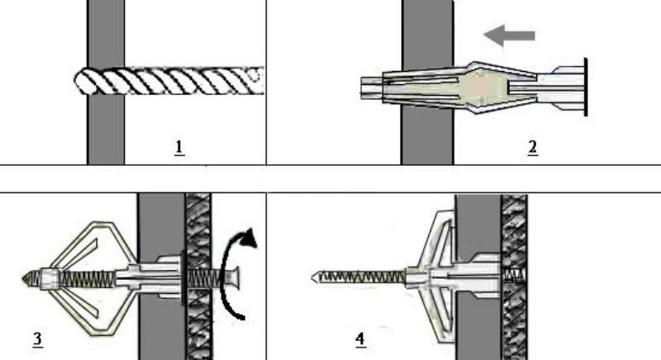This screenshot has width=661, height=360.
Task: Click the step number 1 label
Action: point(178,148)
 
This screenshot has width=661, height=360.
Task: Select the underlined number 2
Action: point(533,148)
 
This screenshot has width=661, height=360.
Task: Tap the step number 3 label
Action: point(38,338)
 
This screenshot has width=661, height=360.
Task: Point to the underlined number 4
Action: point(360,339)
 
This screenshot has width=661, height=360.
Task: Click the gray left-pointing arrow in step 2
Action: point(509,35)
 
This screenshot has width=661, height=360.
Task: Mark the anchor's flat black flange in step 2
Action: point(586,87)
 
